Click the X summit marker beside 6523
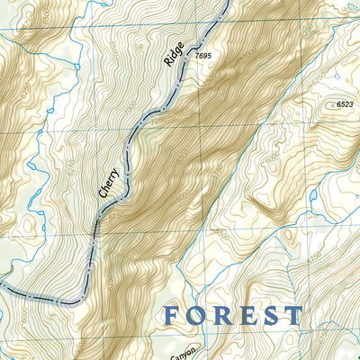tap(331, 106)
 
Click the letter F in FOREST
tap(175, 316)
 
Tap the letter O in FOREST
tap(200, 316)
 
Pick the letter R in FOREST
tap(224, 316)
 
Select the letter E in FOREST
tap(247, 316)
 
